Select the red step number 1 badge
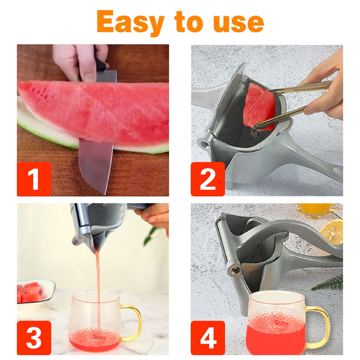(34, 179)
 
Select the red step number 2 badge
(208, 179)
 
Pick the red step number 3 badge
(34, 338)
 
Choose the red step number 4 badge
(208, 338)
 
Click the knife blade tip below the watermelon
(105, 194)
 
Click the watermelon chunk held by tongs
(259, 106)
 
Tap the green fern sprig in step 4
(329, 284)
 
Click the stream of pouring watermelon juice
(98, 287)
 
